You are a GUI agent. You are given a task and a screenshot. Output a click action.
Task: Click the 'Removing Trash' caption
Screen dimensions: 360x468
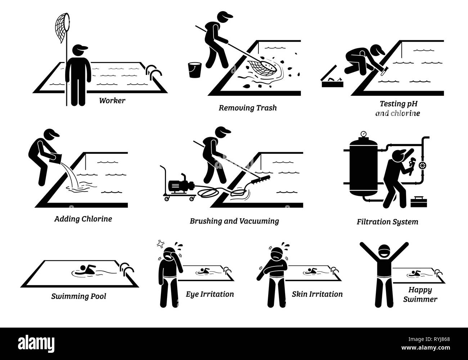pos(248,108)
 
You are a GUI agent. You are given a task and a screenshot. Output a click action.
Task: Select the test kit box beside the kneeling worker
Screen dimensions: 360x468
pos(331,81)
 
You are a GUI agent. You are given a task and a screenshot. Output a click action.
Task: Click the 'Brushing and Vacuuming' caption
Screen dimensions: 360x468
pos(234,221)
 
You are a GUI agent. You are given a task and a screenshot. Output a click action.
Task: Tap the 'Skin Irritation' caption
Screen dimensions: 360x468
pos(317,294)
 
